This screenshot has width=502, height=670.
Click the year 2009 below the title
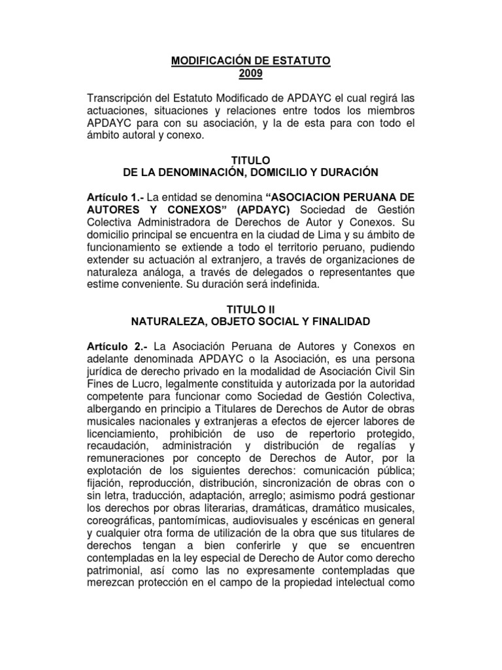(x=252, y=74)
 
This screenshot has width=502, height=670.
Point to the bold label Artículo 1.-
(x=115, y=197)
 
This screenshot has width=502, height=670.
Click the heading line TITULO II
(x=251, y=308)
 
